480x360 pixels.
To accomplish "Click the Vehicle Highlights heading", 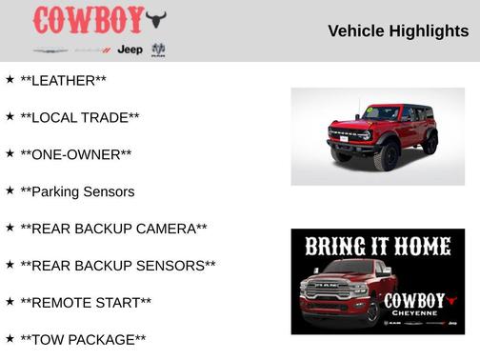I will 398,30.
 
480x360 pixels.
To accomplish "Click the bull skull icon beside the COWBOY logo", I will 156,19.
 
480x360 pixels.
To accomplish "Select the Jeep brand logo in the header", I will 130,50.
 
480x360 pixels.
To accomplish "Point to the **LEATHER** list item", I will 63,81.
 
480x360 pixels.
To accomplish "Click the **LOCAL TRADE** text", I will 80,117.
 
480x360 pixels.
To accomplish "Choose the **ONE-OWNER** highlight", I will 76,154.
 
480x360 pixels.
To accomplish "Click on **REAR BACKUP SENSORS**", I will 118,266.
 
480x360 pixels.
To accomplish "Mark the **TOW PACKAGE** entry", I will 83,339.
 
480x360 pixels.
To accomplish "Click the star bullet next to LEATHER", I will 10,80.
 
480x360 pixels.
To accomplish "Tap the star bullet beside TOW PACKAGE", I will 10,338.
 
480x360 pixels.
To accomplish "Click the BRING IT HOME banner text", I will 378,247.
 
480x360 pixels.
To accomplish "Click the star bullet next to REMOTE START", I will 10,302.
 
